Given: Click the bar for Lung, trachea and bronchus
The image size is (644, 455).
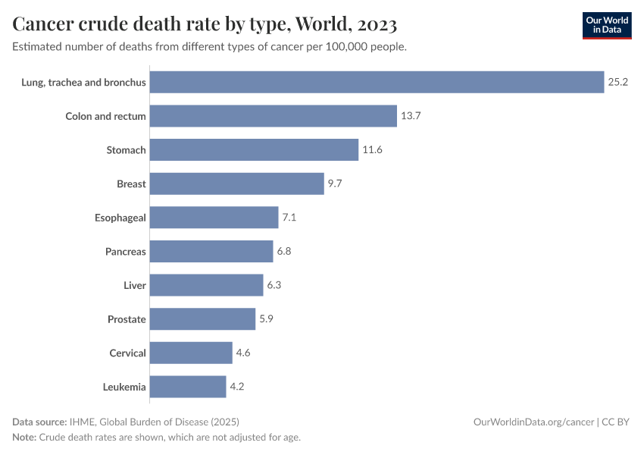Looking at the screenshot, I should tap(377, 82).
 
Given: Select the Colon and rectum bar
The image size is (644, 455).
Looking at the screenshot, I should tap(273, 116).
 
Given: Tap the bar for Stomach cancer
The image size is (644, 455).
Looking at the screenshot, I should tap(254, 150).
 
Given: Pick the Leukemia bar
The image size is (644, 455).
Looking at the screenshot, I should tap(188, 387).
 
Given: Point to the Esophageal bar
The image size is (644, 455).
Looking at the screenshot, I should tap(214, 218).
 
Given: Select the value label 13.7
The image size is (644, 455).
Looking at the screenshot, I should tap(411, 116).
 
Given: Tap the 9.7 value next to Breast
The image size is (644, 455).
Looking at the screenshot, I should tap(336, 184).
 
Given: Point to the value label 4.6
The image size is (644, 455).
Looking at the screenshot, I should tap(244, 353).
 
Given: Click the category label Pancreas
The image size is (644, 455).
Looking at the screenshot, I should tap(126, 252).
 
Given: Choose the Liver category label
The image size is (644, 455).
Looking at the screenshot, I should tap(135, 285).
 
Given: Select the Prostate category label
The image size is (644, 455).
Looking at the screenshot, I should tap(127, 319).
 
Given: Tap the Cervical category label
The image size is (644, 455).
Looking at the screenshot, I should tap(127, 353).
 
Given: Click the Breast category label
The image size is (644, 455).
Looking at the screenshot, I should tap(131, 184).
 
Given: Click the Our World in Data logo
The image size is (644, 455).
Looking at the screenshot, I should tap(606, 25).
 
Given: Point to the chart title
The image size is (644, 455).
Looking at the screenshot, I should tap(205, 24).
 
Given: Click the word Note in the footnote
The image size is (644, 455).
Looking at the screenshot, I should tap(24, 438).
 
